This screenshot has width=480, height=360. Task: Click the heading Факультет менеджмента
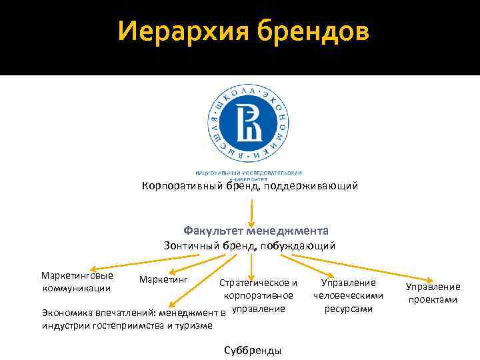coord(256,231)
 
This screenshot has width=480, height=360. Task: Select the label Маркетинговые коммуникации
coord(77,281)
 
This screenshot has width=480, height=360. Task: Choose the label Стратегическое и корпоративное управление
coord(259,295)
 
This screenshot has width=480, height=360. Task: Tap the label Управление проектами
coord(433,293)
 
